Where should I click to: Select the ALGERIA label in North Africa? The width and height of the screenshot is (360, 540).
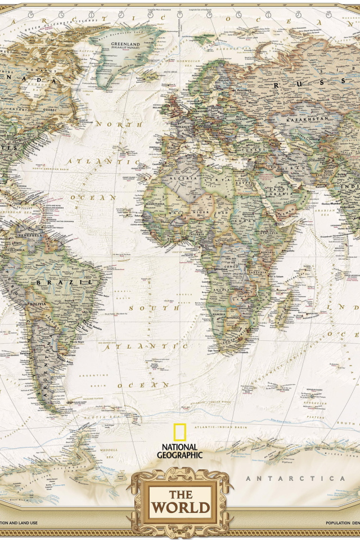pos(188,178)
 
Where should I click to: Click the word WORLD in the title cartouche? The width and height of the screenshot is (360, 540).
pos(180,508)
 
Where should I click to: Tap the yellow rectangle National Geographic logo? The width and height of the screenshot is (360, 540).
pos(179,432)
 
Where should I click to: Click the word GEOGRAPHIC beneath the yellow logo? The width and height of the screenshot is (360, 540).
pos(180,455)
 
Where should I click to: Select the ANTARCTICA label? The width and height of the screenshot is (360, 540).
pos(295,478)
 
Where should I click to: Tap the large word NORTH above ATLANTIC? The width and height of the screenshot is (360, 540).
pos(119,124)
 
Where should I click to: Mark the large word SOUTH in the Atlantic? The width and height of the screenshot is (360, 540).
pos(147,308)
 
